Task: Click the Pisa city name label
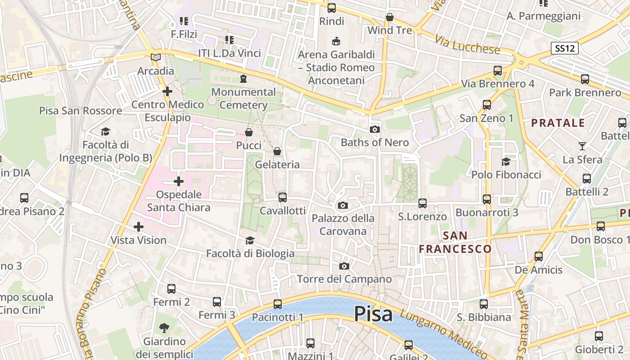click(x=373, y=314)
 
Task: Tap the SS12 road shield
click(x=564, y=48)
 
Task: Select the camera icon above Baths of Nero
click(x=374, y=130)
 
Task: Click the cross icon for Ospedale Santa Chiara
click(x=179, y=181)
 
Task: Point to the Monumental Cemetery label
click(x=243, y=99)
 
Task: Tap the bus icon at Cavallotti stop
click(x=283, y=198)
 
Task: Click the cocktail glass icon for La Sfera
click(x=582, y=146)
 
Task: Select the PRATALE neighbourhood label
click(x=558, y=123)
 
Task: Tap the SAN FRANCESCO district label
click(x=455, y=242)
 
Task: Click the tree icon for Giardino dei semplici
click(x=164, y=328)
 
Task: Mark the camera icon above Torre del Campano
click(x=344, y=266)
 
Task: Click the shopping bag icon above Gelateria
click(x=277, y=151)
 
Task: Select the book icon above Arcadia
click(x=156, y=58)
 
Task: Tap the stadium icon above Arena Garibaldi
click(x=336, y=41)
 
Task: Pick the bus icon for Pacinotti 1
click(x=278, y=304)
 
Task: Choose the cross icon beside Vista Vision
click(x=139, y=227)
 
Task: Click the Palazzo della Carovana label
click(x=343, y=225)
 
